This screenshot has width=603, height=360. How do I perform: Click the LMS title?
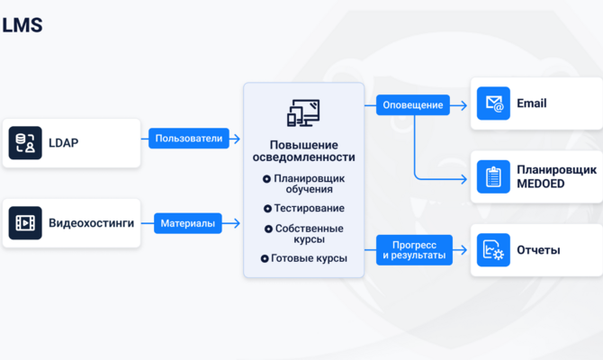(22, 25)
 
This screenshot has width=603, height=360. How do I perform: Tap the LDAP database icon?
(25, 143)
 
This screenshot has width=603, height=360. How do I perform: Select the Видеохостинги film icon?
(25, 223)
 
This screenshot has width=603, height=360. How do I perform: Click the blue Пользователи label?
(189, 139)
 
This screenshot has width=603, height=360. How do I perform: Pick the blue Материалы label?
(188, 223)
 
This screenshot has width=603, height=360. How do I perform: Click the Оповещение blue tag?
(412, 105)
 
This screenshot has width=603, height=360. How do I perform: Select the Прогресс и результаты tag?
(414, 250)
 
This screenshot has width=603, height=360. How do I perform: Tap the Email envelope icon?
(493, 103)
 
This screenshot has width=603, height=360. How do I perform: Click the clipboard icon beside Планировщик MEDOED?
(493, 176)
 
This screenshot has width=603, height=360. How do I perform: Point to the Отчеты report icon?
(493, 250)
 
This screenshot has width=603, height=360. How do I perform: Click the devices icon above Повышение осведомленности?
(303, 113)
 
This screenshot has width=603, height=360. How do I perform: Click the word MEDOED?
(540, 184)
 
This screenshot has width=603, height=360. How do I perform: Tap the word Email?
(532, 103)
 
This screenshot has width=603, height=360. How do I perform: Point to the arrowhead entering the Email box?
(463, 105)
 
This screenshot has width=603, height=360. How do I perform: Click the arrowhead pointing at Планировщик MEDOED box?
(463, 178)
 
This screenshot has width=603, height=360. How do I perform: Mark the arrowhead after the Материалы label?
(237, 223)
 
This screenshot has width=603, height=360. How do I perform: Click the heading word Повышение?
(304, 145)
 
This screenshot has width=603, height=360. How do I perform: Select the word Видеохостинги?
(91, 223)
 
